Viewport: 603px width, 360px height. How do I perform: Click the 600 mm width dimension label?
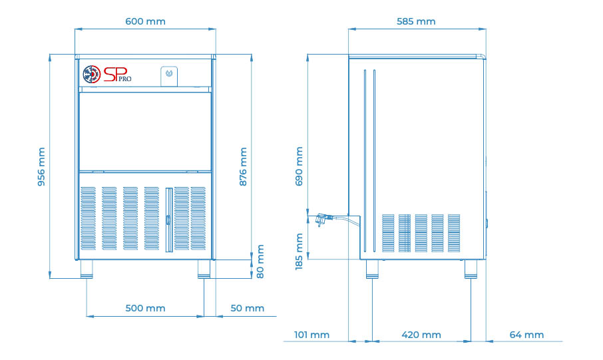coord(145,21)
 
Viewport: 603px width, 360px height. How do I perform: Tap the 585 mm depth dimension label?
coord(415,21)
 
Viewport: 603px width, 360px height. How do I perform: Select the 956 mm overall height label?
coord(41,167)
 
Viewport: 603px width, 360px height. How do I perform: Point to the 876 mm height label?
coord(243,166)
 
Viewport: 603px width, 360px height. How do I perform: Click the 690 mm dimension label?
coord(299,166)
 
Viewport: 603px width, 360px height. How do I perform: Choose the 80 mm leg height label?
coord(260,262)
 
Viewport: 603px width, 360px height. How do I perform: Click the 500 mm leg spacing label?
coord(145,308)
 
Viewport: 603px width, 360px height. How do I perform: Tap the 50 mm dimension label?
coord(247,308)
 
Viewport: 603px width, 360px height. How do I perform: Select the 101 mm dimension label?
coord(311,335)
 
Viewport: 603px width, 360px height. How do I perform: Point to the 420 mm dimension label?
coord(421,335)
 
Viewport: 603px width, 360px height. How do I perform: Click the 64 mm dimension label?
coord(526,335)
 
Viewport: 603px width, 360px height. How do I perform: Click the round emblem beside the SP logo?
coord(91,74)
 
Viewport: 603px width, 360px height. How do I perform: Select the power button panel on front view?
coord(168,75)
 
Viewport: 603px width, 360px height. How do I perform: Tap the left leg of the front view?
coord(87,268)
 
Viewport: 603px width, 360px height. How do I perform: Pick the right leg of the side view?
coord(471,268)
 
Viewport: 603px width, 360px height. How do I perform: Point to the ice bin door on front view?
coord(145,130)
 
